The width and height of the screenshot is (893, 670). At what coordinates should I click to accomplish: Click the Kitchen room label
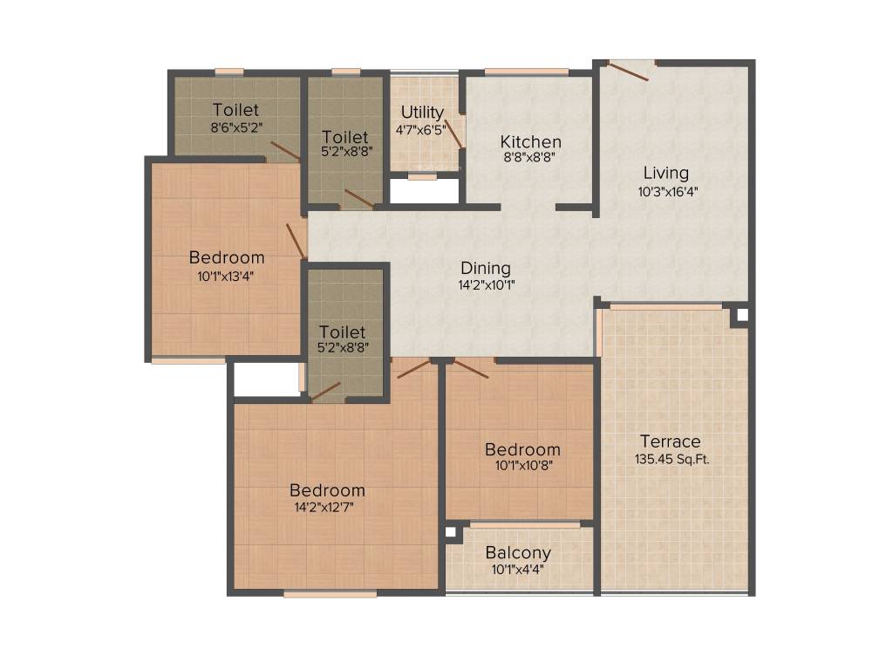(x=531, y=142)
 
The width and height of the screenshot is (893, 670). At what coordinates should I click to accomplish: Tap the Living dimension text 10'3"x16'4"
(x=667, y=191)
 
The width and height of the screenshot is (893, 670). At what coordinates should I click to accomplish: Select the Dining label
(x=485, y=269)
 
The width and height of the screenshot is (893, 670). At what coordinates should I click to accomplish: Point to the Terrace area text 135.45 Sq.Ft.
(x=672, y=459)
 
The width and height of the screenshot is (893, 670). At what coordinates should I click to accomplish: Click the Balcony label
(x=518, y=552)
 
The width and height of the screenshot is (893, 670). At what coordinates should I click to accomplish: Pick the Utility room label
(x=422, y=113)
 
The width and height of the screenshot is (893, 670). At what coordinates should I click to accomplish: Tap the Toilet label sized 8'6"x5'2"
(x=235, y=109)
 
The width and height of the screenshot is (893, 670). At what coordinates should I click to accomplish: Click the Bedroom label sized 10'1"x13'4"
(x=227, y=257)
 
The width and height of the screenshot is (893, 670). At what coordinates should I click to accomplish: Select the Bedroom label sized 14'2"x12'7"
(x=327, y=490)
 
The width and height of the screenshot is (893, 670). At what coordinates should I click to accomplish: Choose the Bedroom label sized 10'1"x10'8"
(x=522, y=449)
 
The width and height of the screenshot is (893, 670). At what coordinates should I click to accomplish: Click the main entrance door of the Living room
(x=628, y=72)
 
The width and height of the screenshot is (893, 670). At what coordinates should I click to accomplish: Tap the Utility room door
(x=453, y=133)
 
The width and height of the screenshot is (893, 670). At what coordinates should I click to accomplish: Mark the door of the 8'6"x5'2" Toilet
(x=285, y=150)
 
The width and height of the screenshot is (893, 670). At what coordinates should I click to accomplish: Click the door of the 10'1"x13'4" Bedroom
(x=297, y=242)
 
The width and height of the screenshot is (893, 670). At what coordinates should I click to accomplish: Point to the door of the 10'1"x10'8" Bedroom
(x=471, y=369)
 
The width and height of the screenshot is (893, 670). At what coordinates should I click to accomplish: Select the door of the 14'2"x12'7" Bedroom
(x=413, y=369)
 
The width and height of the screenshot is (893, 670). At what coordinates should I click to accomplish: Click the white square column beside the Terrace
(x=742, y=315)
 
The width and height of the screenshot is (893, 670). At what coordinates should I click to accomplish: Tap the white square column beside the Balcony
(x=451, y=532)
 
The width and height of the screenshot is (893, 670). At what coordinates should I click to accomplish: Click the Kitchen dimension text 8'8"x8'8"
(x=529, y=157)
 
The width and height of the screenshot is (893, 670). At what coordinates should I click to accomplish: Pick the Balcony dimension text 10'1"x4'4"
(x=518, y=569)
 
